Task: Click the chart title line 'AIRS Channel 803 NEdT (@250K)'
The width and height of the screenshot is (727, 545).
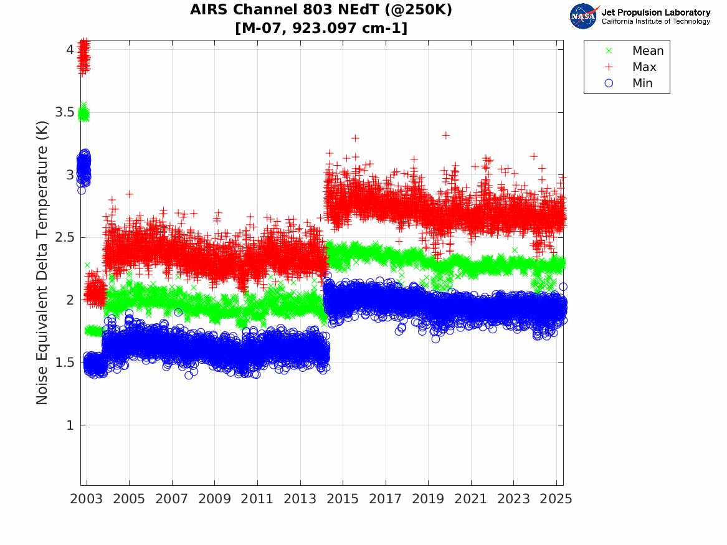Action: [x=321, y=10]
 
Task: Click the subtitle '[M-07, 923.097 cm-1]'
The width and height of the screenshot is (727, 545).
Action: [x=321, y=28]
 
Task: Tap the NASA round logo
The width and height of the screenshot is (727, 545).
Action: [x=584, y=16]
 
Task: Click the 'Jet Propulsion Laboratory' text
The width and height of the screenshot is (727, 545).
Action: [x=655, y=12]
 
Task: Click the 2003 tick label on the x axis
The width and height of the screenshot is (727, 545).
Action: [x=87, y=499]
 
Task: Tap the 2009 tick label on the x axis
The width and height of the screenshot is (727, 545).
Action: [x=215, y=499]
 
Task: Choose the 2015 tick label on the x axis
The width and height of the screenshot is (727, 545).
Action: [x=343, y=499]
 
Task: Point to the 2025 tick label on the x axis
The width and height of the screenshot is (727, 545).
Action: [x=556, y=499]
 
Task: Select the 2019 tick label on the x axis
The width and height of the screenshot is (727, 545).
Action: [x=428, y=499]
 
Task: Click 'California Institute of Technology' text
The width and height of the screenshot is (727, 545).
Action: [x=655, y=22]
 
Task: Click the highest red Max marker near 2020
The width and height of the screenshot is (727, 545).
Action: [x=445, y=135]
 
